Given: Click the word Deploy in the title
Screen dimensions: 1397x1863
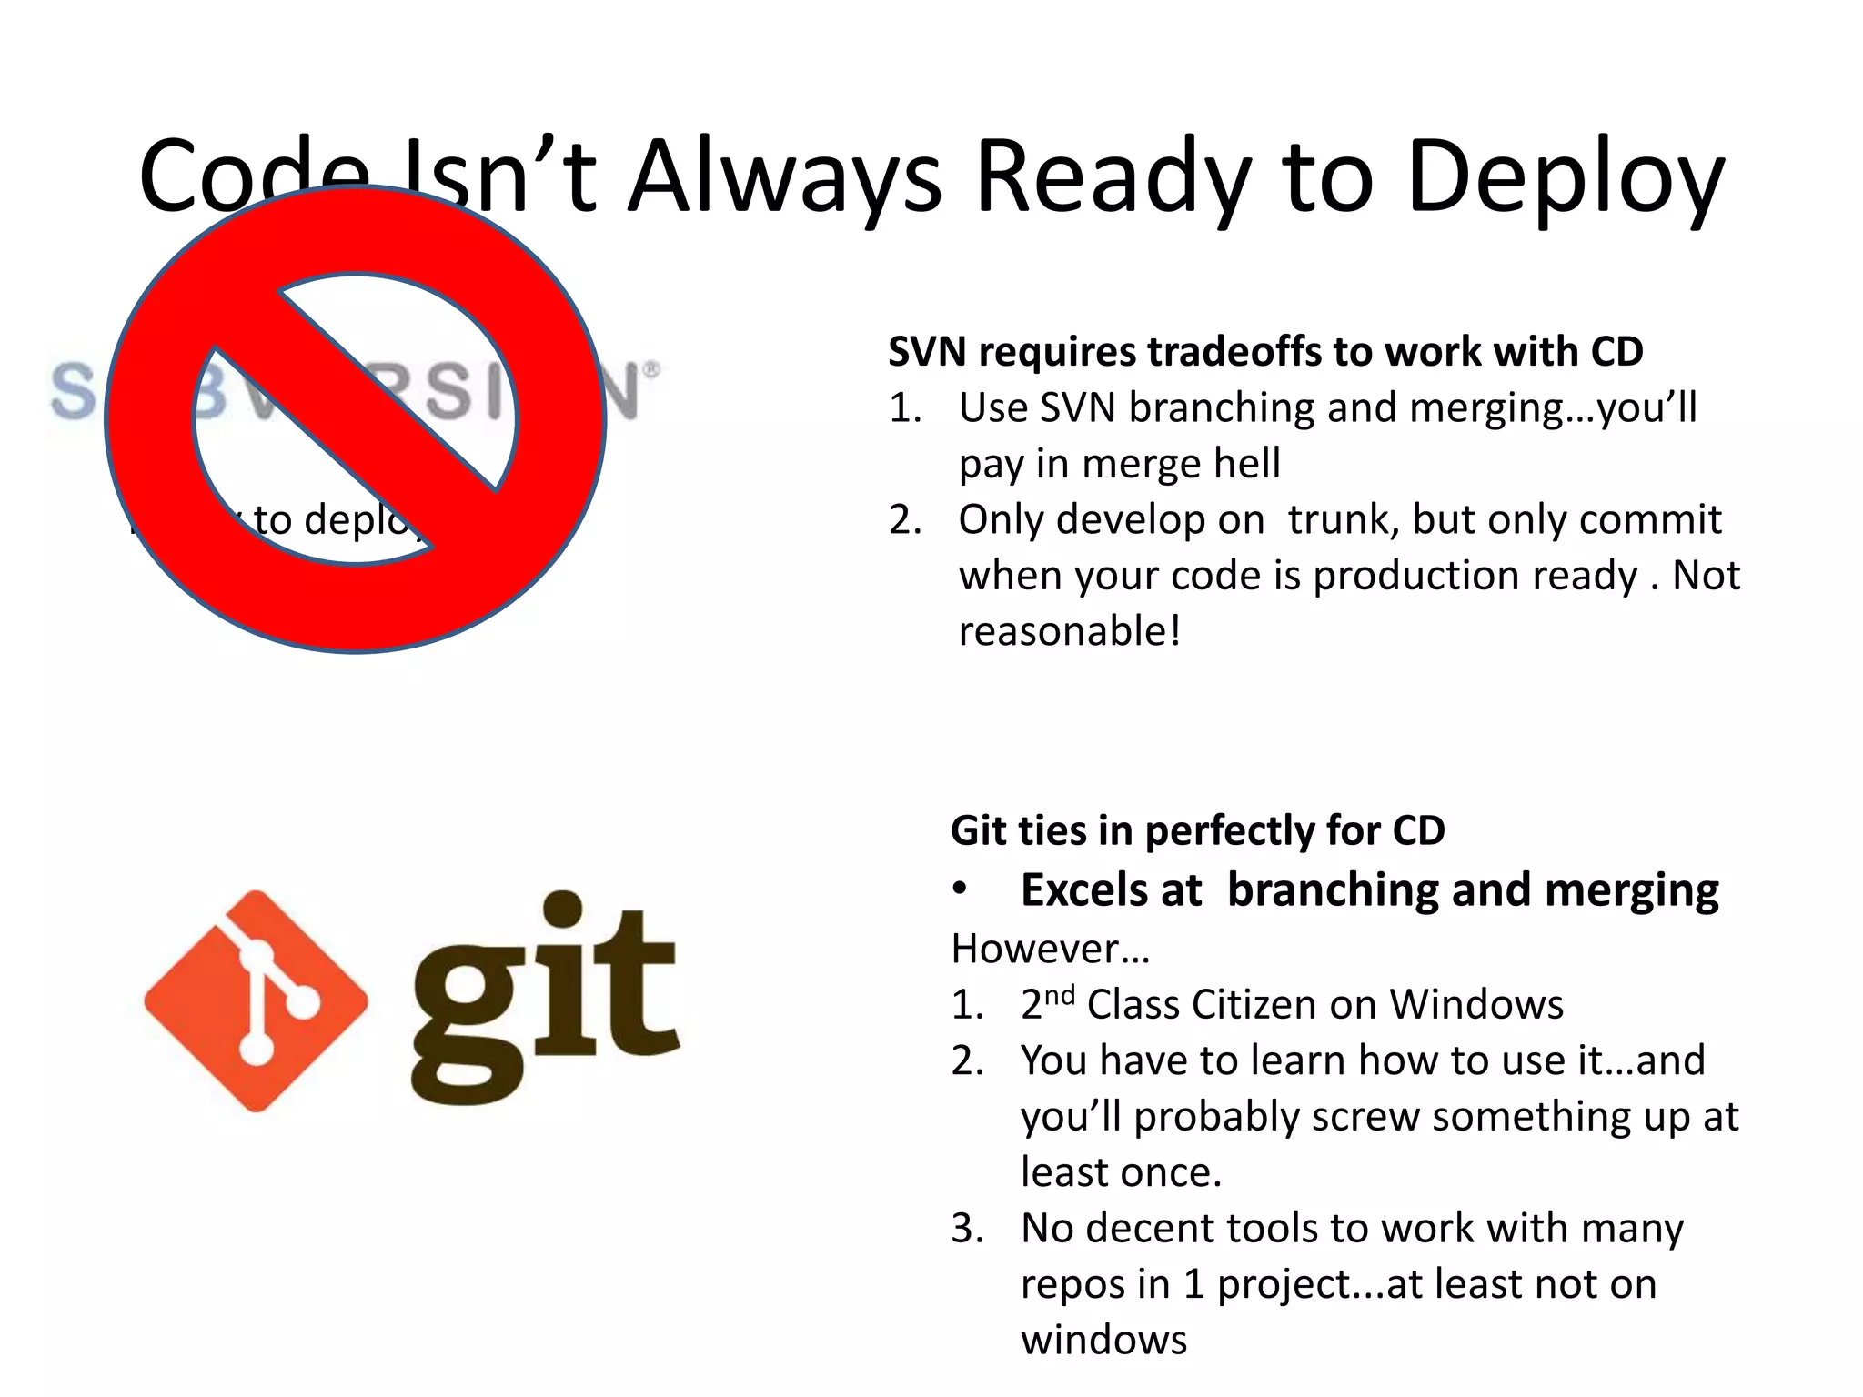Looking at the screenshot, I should click(1565, 177).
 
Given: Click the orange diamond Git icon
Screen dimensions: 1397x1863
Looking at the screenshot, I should click(256, 1000).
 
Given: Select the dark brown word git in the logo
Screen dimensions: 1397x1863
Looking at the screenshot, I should click(546, 996).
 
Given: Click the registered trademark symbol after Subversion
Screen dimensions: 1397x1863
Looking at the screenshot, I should click(651, 370).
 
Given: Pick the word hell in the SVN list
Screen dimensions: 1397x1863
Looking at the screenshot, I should click(1251, 464).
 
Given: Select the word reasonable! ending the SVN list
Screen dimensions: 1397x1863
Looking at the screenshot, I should click(1070, 631).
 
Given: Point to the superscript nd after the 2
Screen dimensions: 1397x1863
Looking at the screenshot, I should click(1060, 995).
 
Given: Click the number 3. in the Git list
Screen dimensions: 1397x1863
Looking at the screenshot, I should click(967, 1229).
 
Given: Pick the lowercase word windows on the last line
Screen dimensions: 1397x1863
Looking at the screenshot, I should click(1103, 1341).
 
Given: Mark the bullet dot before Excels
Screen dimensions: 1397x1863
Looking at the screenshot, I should click(960, 889).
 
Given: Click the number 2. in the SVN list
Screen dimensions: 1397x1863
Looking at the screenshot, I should click(905, 520).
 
